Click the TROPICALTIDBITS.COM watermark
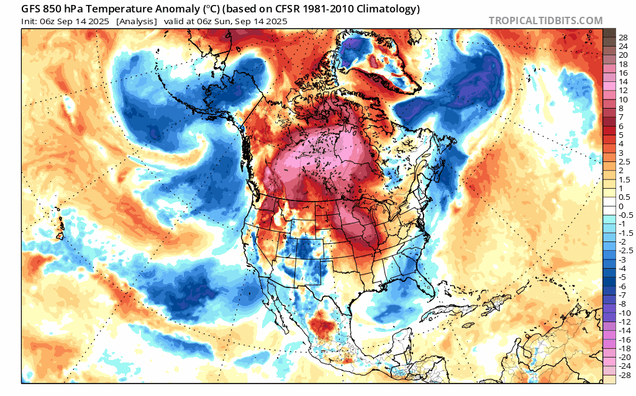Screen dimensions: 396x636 (x=545, y=20)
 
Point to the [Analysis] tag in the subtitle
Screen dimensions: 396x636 (x=136, y=22)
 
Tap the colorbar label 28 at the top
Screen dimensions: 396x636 (x=623, y=37)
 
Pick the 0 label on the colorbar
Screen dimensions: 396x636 (x=620, y=206)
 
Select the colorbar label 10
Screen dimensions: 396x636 (x=623, y=99)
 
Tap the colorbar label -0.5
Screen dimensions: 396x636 (x=624, y=215)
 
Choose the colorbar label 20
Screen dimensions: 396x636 (x=623, y=55)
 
